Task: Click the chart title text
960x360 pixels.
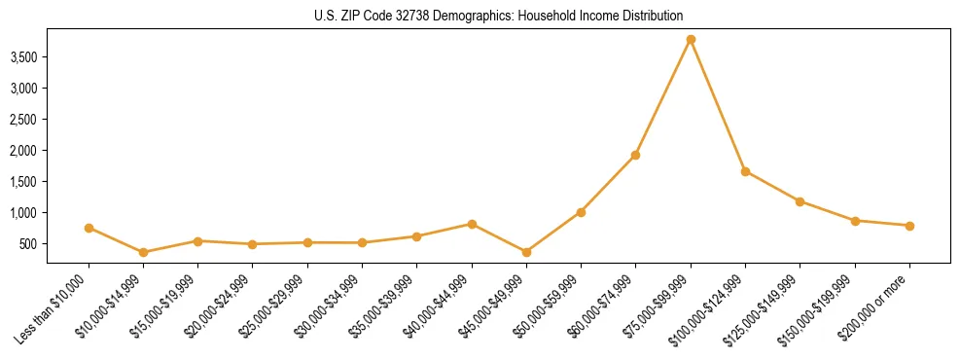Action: tap(499, 17)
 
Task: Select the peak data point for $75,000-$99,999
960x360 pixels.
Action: tap(691, 40)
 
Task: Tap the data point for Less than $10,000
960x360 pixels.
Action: tap(89, 228)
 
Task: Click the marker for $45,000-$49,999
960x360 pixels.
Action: tap(526, 252)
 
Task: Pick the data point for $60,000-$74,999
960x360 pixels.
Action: tap(636, 155)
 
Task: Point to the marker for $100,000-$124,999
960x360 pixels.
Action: tap(745, 171)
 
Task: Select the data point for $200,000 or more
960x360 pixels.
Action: tap(909, 226)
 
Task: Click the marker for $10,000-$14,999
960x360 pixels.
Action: tap(144, 252)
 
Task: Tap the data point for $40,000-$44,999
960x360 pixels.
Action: tap(472, 224)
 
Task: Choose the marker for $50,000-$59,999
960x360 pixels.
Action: tap(581, 212)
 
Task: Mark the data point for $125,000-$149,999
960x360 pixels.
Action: tap(800, 201)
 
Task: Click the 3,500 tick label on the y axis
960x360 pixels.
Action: tap(23, 57)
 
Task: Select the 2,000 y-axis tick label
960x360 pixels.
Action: tap(23, 151)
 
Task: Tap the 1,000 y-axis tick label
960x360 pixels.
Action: tap(23, 213)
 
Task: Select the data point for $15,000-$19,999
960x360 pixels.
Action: tap(198, 240)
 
